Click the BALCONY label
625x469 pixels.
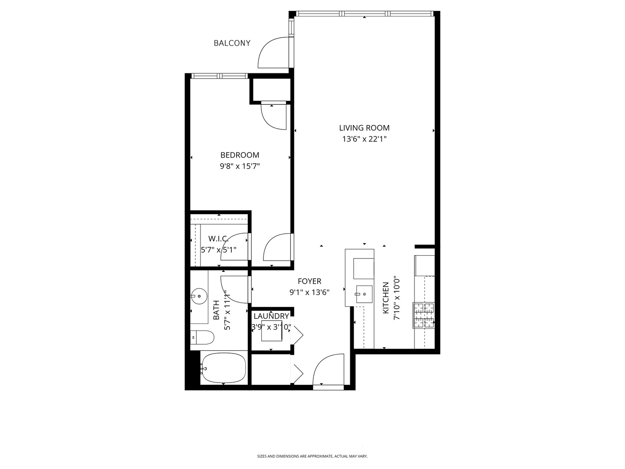pyautogui.click(x=232, y=43)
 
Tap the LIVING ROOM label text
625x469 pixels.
pyautogui.click(x=364, y=128)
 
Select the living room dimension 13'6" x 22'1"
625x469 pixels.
pyautogui.click(x=364, y=139)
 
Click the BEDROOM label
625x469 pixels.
pyautogui.click(x=240, y=155)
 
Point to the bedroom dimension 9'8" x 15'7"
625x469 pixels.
pyautogui.click(x=240, y=166)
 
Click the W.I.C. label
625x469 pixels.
pyautogui.click(x=218, y=238)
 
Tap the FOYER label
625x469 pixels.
pyautogui.click(x=309, y=281)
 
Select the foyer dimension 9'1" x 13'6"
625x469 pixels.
pyautogui.click(x=309, y=292)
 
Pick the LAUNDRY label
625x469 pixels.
pyautogui.click(x=271, y=316)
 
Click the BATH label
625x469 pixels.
pyautogui.click(x=217, y=310)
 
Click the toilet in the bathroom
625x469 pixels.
pyautogui.click(x=203, y=337)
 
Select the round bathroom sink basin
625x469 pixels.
pyautogui.click(x=199, y=297)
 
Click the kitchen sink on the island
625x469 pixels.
pyautogui.click(x=364, y=294)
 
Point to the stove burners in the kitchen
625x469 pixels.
pyautogui.click(x=424, y=316)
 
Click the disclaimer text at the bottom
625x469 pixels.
pyautogui.click(x=312, y=456)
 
